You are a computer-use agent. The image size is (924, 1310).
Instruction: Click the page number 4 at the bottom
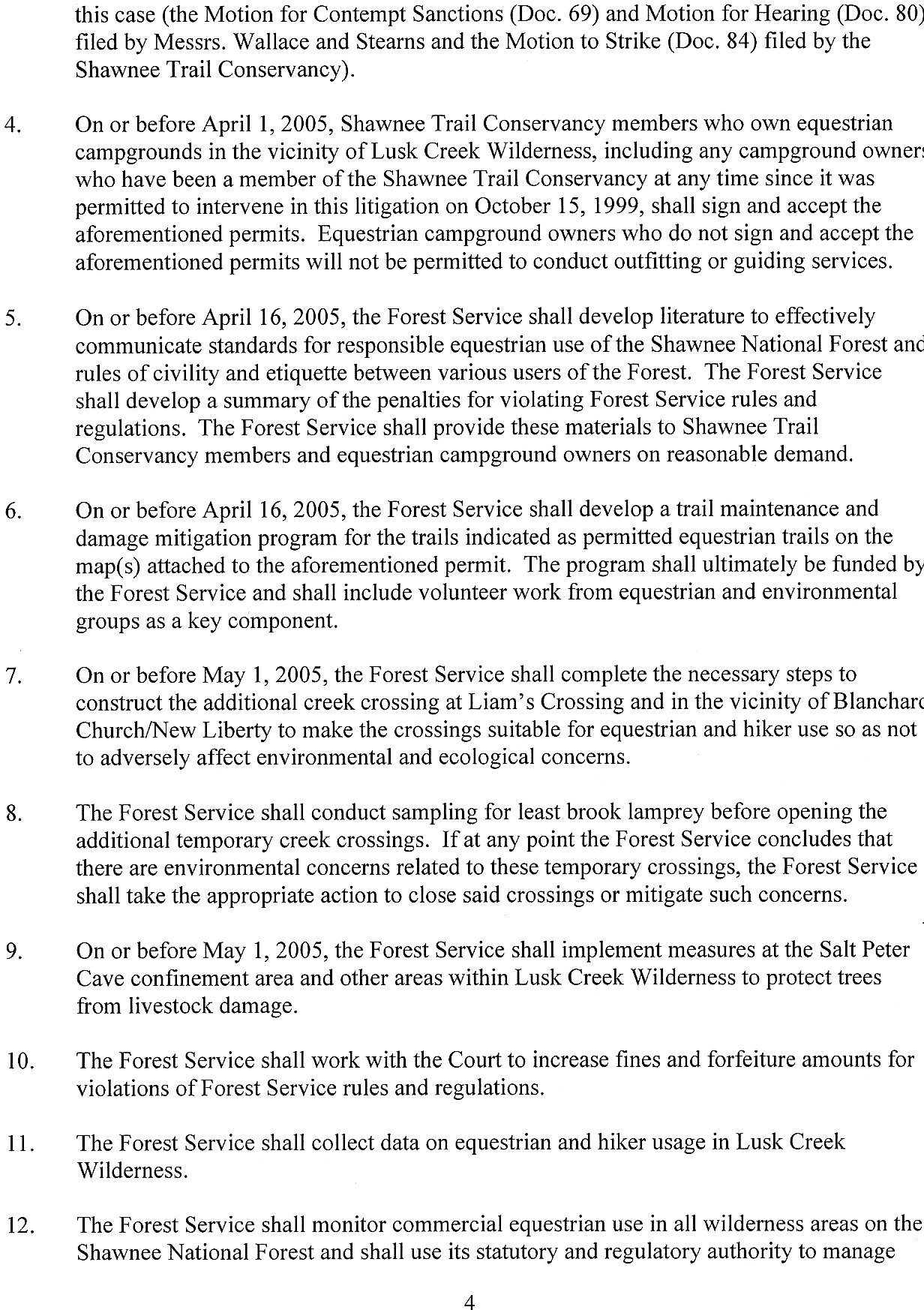tap(469, 1296)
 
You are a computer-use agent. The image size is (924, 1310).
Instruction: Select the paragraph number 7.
tap(11, 676)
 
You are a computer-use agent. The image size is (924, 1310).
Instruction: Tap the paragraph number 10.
tap(17, 1061)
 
